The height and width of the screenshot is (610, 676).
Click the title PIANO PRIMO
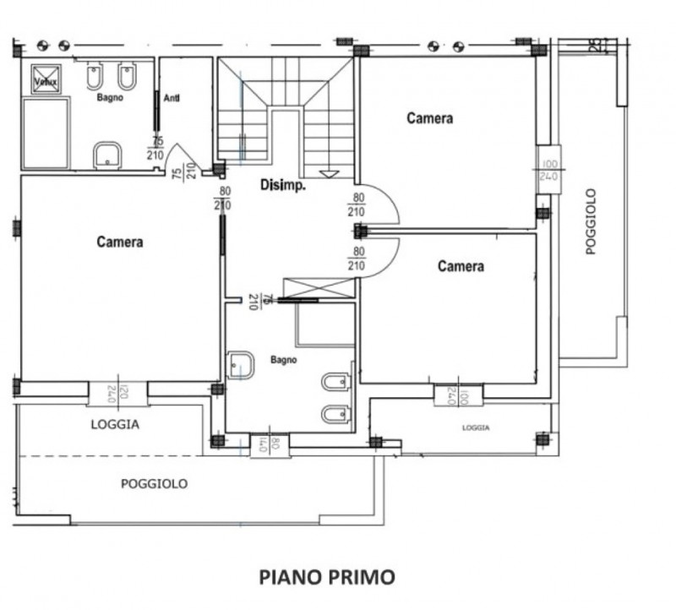(x=326, y=577)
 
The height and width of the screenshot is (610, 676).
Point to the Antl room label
(x=173, y=97)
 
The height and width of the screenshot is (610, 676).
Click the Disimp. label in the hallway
(x=282, y=185)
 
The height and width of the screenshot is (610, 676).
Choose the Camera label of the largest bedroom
(x=119, y=242)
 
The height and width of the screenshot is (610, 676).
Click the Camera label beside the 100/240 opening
(x=429, y=118)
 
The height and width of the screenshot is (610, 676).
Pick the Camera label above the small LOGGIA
(x=461, y=266)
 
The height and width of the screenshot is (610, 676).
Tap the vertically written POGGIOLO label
(x=591, y=221)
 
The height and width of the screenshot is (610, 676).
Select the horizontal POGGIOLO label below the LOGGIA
(x=154, y=484)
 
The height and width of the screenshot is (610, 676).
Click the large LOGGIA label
(x=115, y=425)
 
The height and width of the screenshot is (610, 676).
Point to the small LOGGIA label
(x=476, y=428)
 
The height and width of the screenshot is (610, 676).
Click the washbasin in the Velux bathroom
(x=107, y=155)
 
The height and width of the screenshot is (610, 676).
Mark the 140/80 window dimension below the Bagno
(x=263, y=444)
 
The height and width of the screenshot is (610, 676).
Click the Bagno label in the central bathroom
(x=283, y=360)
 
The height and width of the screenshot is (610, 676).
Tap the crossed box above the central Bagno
(x=319, y=287)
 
